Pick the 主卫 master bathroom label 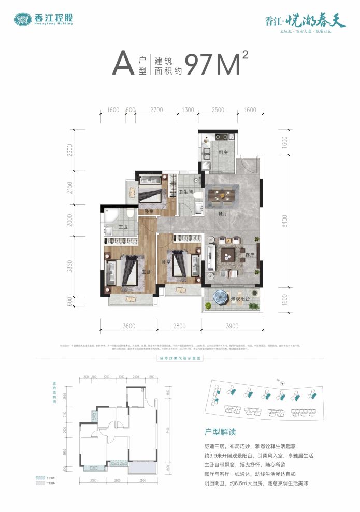click(123, 227)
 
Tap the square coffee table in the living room click(228, 255)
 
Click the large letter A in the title click(121, 65)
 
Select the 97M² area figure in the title click(216, 64)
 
